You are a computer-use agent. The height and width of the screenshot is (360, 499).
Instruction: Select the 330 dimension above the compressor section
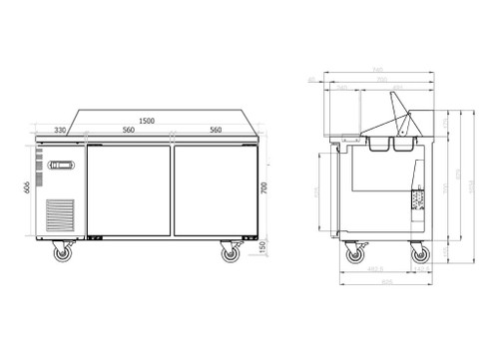60,130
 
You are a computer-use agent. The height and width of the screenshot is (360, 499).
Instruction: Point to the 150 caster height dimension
262,248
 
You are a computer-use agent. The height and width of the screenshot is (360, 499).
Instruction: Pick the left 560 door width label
129,130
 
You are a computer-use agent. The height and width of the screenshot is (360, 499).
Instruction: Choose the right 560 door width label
215,130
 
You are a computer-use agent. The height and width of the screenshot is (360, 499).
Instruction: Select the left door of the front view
130,191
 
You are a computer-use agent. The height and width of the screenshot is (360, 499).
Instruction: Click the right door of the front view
214,191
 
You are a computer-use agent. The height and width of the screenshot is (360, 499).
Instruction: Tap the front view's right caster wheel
230,254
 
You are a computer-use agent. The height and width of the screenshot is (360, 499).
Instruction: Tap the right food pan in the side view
402,146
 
